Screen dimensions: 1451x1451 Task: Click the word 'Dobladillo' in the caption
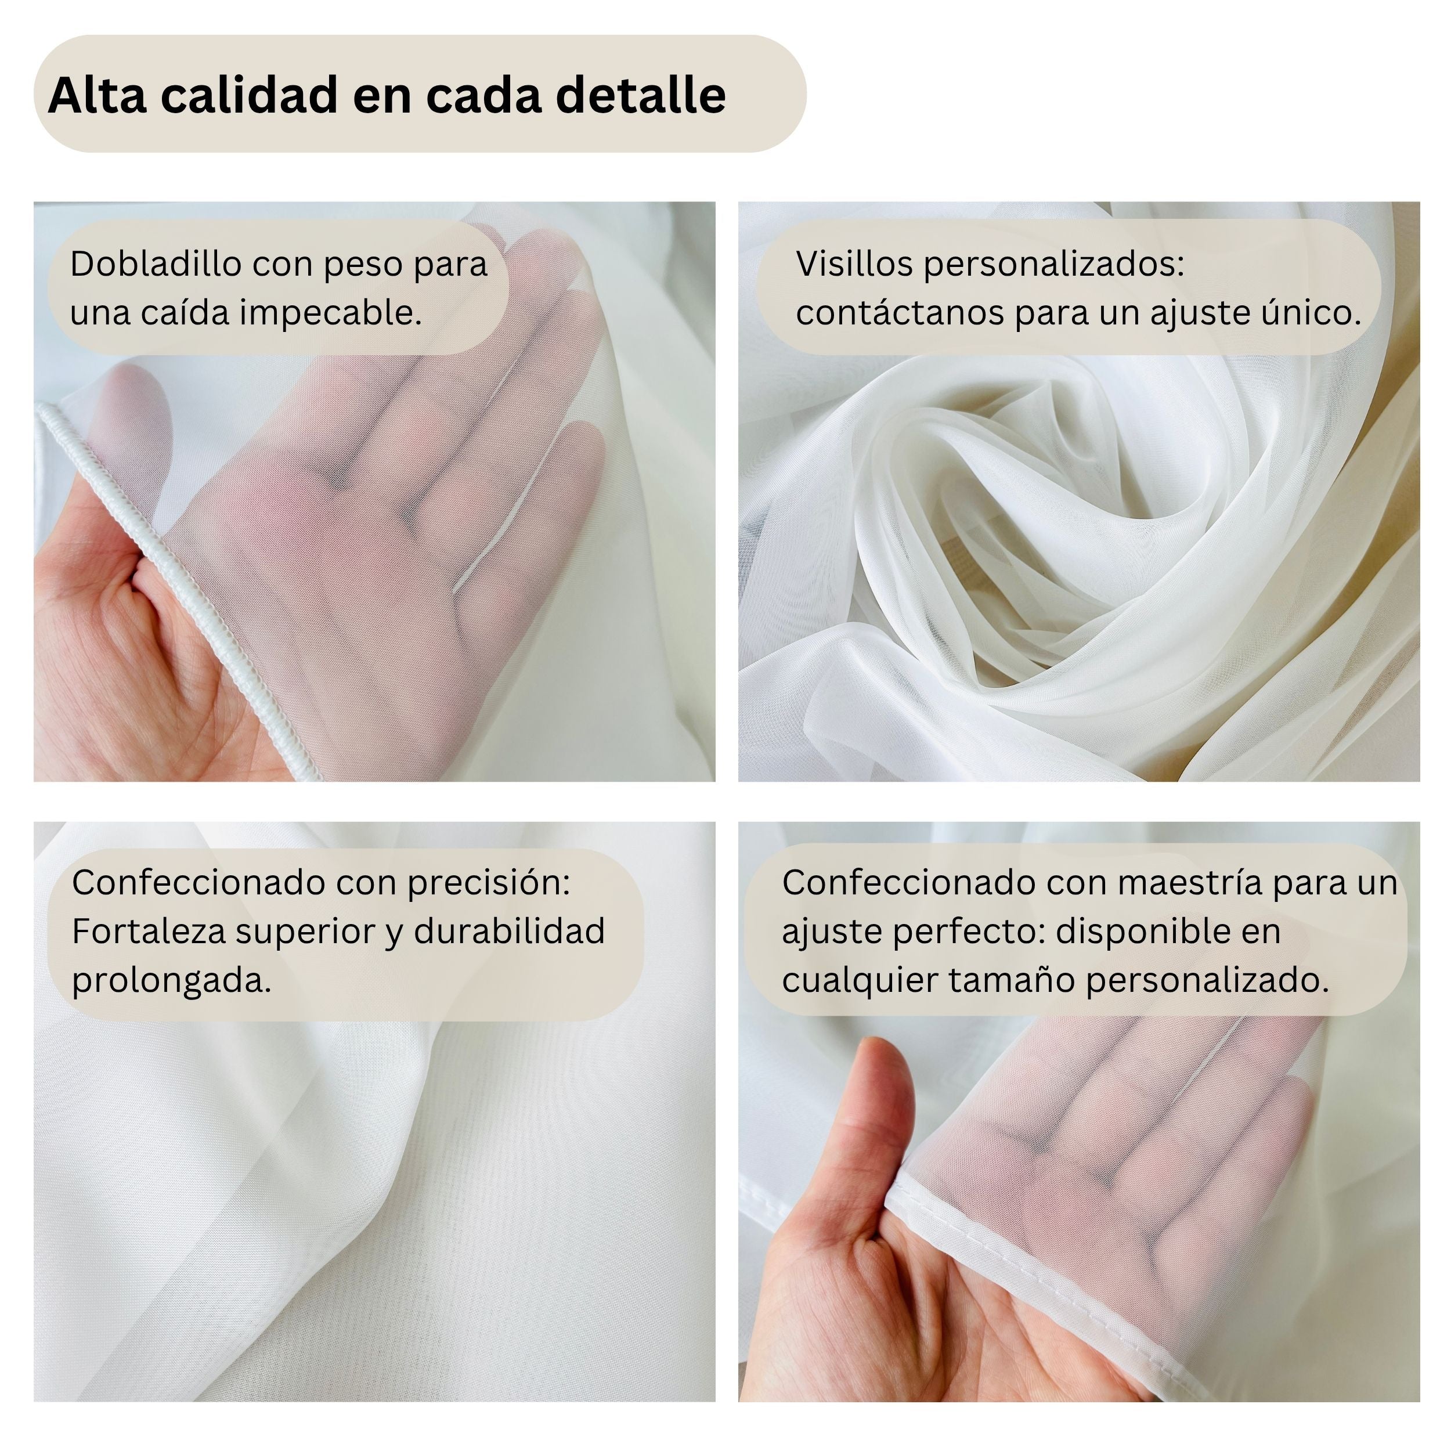156,264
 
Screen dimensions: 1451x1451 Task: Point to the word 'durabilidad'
509,932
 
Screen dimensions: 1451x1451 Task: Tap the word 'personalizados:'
1053,264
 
